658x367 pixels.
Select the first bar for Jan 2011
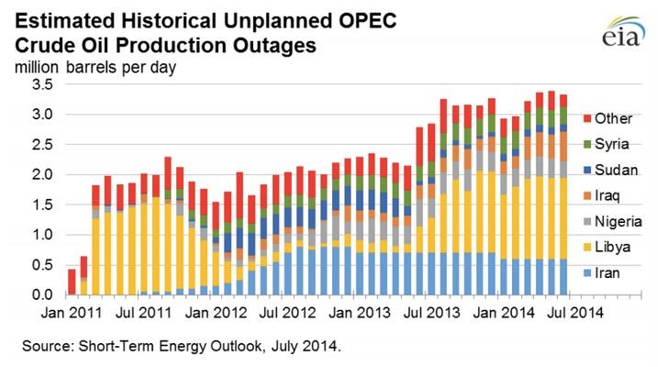click(72, 282)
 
